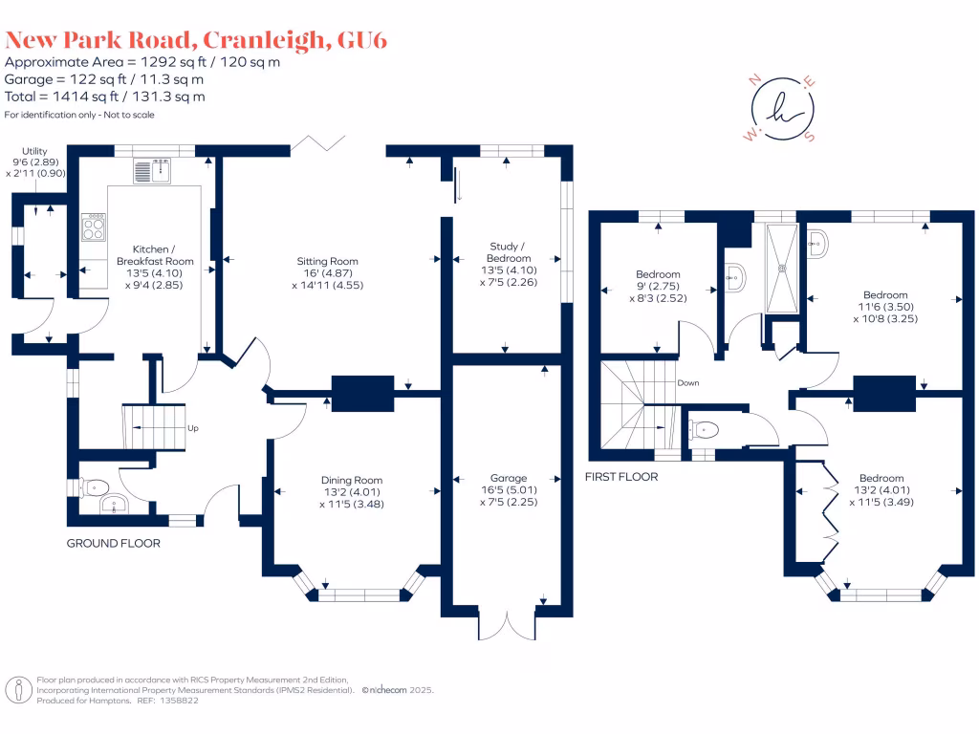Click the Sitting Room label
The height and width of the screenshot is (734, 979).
pos(327,272)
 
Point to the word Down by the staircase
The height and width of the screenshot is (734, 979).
pos(687,383)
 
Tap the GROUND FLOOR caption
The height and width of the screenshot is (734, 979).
pos(113,543)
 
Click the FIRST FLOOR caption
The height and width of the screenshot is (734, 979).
pos(621,476)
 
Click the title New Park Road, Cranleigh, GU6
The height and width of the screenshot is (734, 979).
pos(197,41)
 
